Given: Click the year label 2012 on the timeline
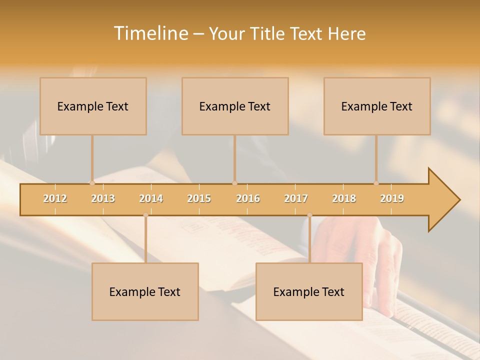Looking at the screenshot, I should (x=55, y=198).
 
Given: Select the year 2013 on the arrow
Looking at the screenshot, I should (x=103, y=198).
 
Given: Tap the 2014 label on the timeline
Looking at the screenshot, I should (x=151, y=198).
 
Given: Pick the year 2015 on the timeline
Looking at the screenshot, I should (x=199, y=198).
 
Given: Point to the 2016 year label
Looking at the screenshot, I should (x=248, y=198).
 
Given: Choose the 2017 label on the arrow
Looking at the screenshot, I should (x=296, y=198).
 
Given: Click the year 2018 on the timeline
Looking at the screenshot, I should (x=344, y=198).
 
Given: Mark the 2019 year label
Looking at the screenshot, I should (x=392, y=198).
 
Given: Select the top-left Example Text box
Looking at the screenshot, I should (x=93, y=106).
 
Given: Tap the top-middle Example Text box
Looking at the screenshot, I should (x=235, y=106).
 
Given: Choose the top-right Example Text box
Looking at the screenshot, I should (x=377, y=106).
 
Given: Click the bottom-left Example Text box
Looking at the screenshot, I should (x=145, y=291).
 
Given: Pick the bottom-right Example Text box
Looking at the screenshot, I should (x=309, y=291).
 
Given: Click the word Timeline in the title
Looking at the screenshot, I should (x=150, y=33).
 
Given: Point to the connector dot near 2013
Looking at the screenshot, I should (x=92, y=183).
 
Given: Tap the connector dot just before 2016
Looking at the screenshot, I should (x=234, y=183).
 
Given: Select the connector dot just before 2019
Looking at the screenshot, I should (x=376, y=183).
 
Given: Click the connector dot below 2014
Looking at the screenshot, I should (x=145, y=215).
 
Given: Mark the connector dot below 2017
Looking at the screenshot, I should (x=309, y=215).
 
